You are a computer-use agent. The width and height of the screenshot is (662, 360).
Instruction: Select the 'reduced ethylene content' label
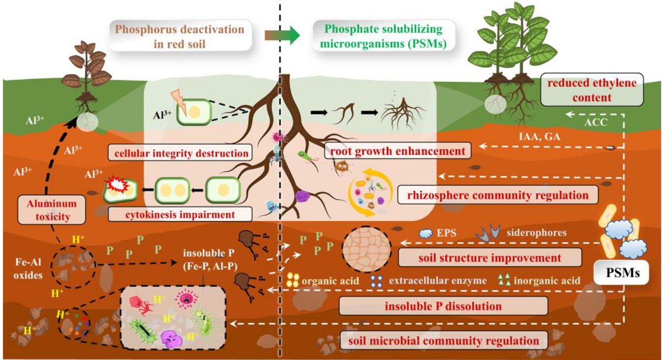coord(594,90)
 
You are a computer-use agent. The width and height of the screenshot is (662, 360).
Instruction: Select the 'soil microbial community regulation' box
coord(443,340)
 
